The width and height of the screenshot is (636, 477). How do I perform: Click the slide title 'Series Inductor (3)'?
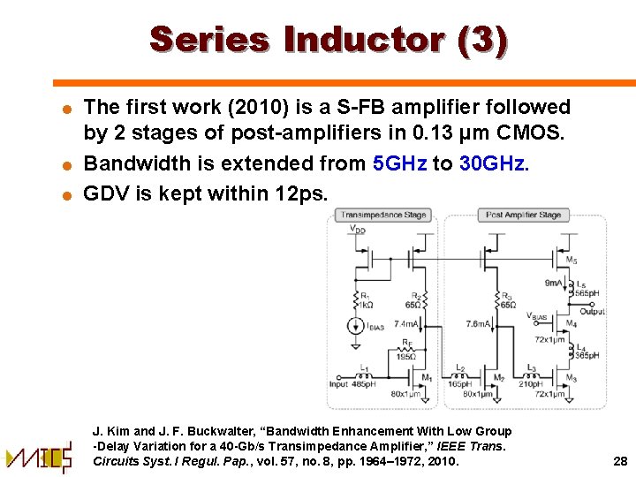click(329, 41)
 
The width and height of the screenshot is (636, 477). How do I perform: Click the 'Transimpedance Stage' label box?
click(383, 215)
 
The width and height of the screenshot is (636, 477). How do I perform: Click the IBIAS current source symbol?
click(360, 326)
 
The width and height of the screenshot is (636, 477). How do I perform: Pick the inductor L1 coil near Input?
click(366, 373)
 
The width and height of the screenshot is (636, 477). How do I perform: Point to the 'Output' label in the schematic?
click(592, 311)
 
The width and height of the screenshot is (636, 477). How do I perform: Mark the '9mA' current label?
click(555, 284)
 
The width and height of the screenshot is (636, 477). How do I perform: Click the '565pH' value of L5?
click(587, 292)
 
